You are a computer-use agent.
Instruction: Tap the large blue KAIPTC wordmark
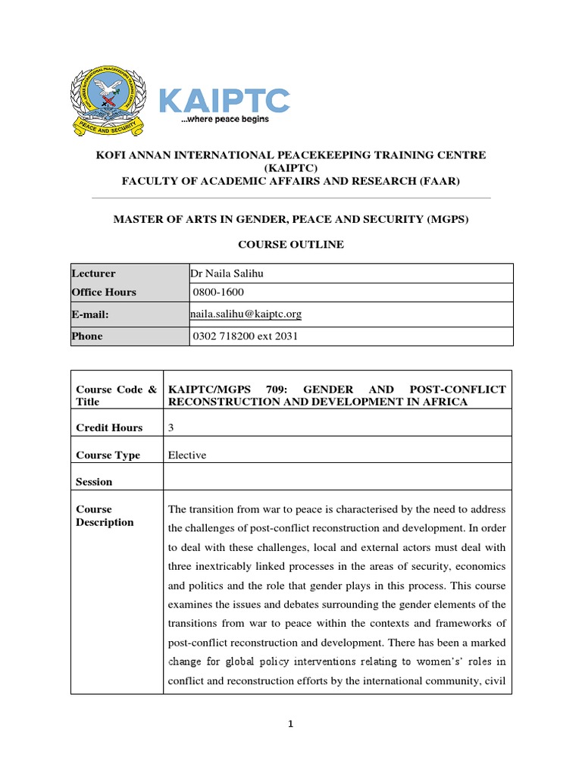[x=224, y=100]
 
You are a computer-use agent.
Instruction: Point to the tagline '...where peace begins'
[x=224, y=119]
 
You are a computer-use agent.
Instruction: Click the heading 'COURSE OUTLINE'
[x=291, y=244]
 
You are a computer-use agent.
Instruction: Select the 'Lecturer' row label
[x=93, y=274]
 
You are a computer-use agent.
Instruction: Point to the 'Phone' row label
[x=87, y=336]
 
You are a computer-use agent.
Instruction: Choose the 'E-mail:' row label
[x=91, y=313]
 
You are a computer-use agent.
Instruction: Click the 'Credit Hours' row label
[x=109, y=427]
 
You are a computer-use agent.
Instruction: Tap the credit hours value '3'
[x=171, y=427]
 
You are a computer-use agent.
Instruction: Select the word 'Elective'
[x=186, y=455]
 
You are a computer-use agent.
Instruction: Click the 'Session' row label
[x=94, y=481]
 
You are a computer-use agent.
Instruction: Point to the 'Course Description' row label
[x=105, y=515]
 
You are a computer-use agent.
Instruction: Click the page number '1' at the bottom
[x=290, y=724]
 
